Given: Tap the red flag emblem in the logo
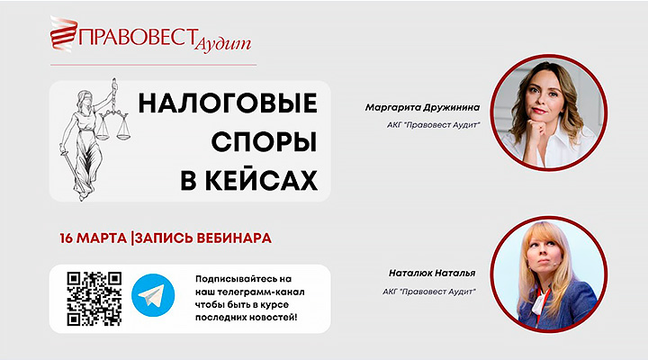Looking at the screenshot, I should tap(65, 37).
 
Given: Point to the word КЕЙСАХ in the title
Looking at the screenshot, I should tap(251, 181).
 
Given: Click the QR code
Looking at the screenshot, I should tap(94, 299).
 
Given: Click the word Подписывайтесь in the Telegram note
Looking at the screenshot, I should tap(237, 280).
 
